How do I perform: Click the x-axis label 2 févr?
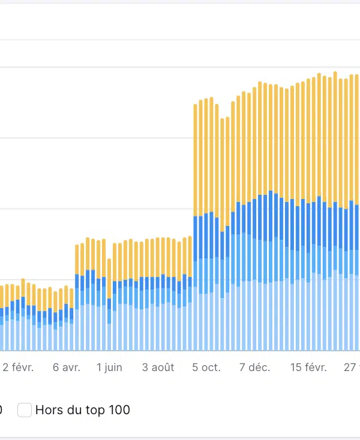(18, 367)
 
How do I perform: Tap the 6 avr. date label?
(66, 367)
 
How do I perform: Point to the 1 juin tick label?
(109, 367)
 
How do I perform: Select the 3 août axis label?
(158, 367)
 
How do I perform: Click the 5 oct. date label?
(206, 367)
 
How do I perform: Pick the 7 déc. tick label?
(255, 367)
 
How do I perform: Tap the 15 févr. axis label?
(308, 367)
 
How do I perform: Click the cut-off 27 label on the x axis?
(350, 367)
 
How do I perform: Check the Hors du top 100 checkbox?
(25, 411)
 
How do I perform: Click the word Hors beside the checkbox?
(47, 411)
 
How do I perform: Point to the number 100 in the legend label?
(119, 411)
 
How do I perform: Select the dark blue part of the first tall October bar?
(196, 237)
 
